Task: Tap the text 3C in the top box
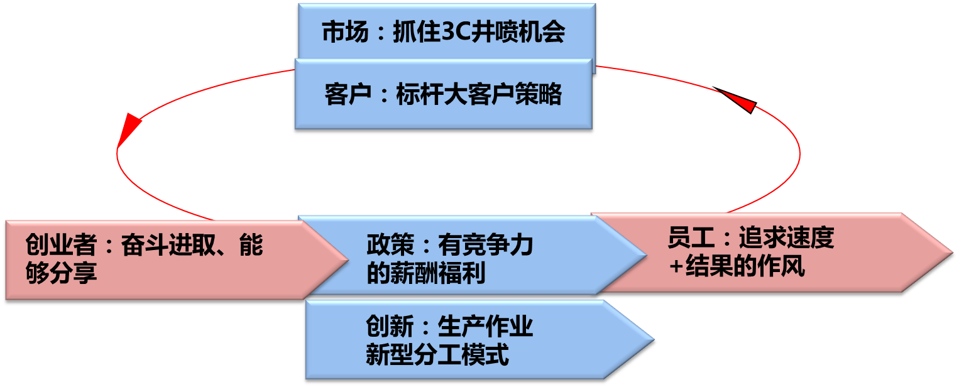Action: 451,33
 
